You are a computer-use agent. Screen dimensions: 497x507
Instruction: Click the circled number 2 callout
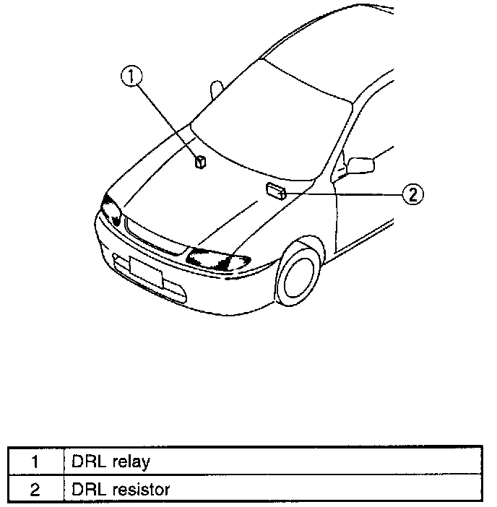click(411, 194)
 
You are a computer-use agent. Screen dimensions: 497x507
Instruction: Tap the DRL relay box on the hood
click(201, 160)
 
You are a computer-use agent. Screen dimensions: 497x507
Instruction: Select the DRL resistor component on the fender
click(275, 190)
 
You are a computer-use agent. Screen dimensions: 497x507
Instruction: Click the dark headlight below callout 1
click(111, 209)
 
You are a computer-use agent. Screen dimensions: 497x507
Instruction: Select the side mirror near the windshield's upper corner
click(217, 89)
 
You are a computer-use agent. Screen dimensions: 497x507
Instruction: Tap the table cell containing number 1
click(35, 461)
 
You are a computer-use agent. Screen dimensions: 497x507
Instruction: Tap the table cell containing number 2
click(35, 489)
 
